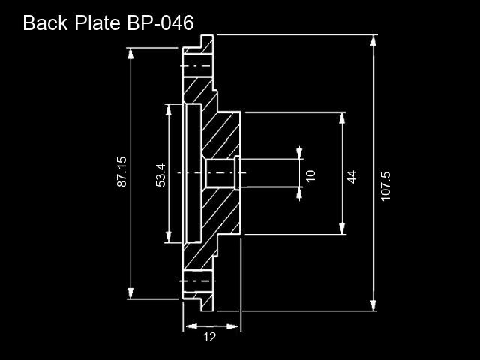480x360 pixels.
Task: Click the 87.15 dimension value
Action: click(121, 172)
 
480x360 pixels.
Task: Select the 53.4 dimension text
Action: click(161, 175)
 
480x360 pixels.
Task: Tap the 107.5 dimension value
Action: click(385, 186)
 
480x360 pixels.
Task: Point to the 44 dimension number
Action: click(352, 177)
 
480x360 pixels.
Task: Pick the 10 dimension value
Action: click(310, 175)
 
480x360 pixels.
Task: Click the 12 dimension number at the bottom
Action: click(210, 337)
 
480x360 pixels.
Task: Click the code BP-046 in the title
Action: click(160, 22)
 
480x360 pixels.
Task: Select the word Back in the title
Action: click(45, 22)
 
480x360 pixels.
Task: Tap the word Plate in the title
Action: click(97, 22)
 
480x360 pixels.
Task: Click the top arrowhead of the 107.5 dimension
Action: click(373, 40)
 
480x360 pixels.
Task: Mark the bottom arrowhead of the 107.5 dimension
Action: click(373, 305)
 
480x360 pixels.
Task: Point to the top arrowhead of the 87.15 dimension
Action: click(130, 53)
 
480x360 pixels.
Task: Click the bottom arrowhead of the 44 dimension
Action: click(342, 229)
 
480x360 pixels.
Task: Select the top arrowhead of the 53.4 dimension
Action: click(168, 110)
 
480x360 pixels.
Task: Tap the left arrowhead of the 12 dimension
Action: click(191, 326)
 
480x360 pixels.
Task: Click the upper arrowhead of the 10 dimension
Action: click(299, 153)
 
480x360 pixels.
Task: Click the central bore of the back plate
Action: click(220, 173)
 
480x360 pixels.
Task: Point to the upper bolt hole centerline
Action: click(196, 66)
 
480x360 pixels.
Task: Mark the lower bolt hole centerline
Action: click(198, 280)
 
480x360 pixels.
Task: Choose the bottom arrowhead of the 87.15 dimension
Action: click(130, 293)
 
